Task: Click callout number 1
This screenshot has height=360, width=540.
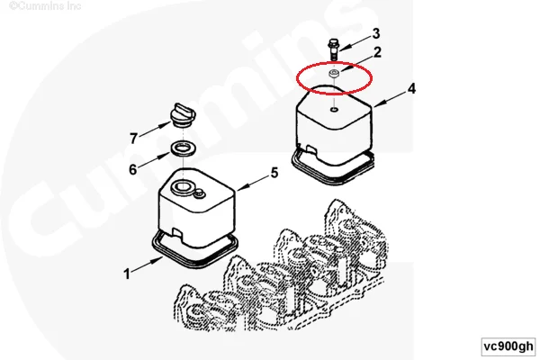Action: click(x=129, y=270)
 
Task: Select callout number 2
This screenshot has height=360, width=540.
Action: click(x=378, y=52)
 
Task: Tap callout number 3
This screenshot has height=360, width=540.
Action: click(x=376, y=32)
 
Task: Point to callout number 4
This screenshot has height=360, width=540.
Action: click(x=410, y=89)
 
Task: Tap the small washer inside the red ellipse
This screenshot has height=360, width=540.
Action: click(x=334, y=72)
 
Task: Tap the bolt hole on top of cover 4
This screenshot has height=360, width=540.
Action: click(x=334, y=111)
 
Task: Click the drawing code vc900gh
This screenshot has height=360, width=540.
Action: click(x=506, y=346)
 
